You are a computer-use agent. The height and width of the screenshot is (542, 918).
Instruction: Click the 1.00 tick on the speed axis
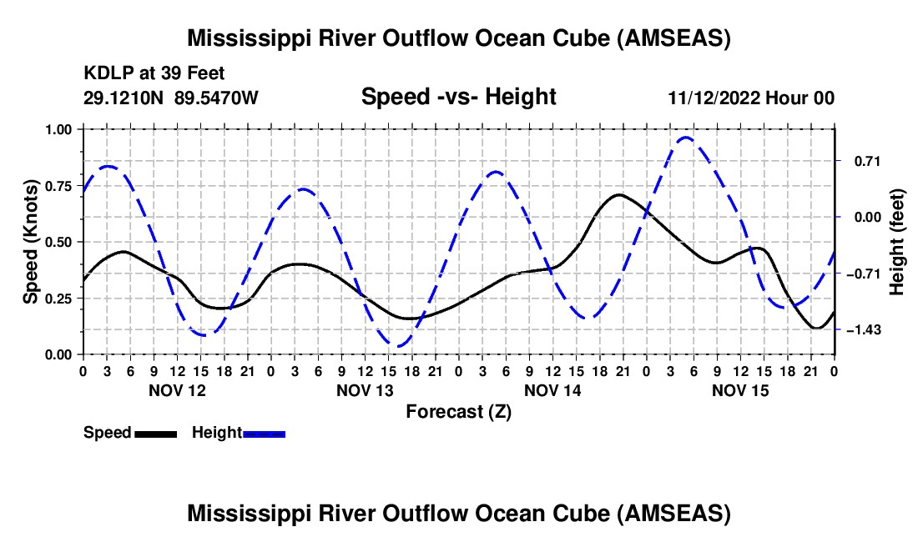[x=59, y=129]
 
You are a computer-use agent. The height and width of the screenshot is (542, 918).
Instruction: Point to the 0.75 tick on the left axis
[x=59, y=186]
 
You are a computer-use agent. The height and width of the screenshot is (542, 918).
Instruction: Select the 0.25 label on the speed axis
[x=59, y=299]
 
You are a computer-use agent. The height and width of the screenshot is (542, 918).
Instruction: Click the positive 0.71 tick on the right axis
[x=868, y=162]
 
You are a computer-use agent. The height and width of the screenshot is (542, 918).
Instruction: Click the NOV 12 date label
[x=178, y=390]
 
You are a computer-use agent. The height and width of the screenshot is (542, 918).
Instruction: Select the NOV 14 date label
[x=552, y=390]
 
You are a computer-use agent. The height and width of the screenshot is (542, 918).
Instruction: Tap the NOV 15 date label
[x=740, y=390]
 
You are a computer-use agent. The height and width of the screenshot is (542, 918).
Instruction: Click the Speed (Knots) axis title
[x=30, y=242]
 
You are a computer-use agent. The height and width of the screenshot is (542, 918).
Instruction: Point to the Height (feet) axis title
[x=896, y=242]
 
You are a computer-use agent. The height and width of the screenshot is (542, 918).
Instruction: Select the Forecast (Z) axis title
[x=459, y=412]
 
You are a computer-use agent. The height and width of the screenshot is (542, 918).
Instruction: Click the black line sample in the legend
[x=156, y=434]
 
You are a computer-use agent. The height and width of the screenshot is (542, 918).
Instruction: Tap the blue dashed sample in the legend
[x=264, y=434]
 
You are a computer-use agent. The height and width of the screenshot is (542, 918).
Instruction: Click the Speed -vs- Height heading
[x=459, y=97]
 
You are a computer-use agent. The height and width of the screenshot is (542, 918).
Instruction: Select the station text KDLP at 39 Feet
[x=154, y=73]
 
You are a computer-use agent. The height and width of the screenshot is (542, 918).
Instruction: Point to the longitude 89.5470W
[x=216, y=98]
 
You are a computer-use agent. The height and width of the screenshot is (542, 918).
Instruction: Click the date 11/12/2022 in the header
[x=714, y=98]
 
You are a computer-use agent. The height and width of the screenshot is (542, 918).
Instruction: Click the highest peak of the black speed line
[x=619, y=194]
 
